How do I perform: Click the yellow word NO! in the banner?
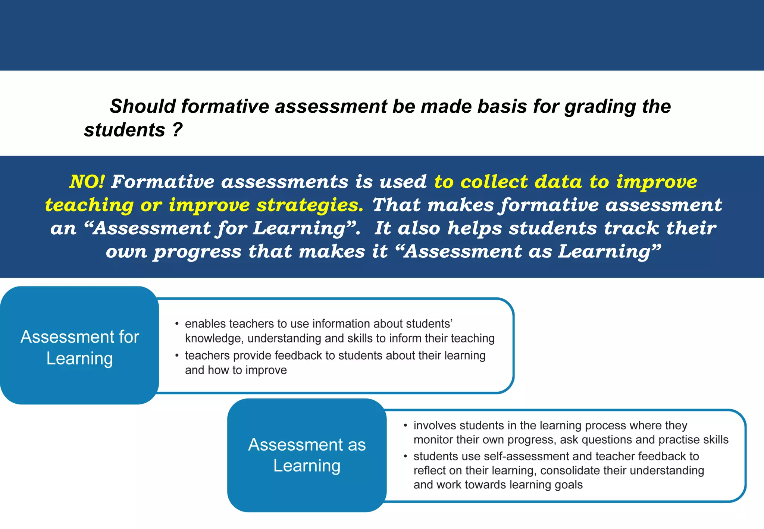point(87,182)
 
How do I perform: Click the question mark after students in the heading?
point(177,130)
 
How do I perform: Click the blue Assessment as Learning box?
point(307,455)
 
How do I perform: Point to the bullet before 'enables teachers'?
point(177,323)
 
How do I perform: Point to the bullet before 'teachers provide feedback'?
point(177,355)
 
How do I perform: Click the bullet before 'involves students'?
point(405,425)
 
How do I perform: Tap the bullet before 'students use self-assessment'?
point(405,456)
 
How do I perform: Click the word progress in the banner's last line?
point(198,252)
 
